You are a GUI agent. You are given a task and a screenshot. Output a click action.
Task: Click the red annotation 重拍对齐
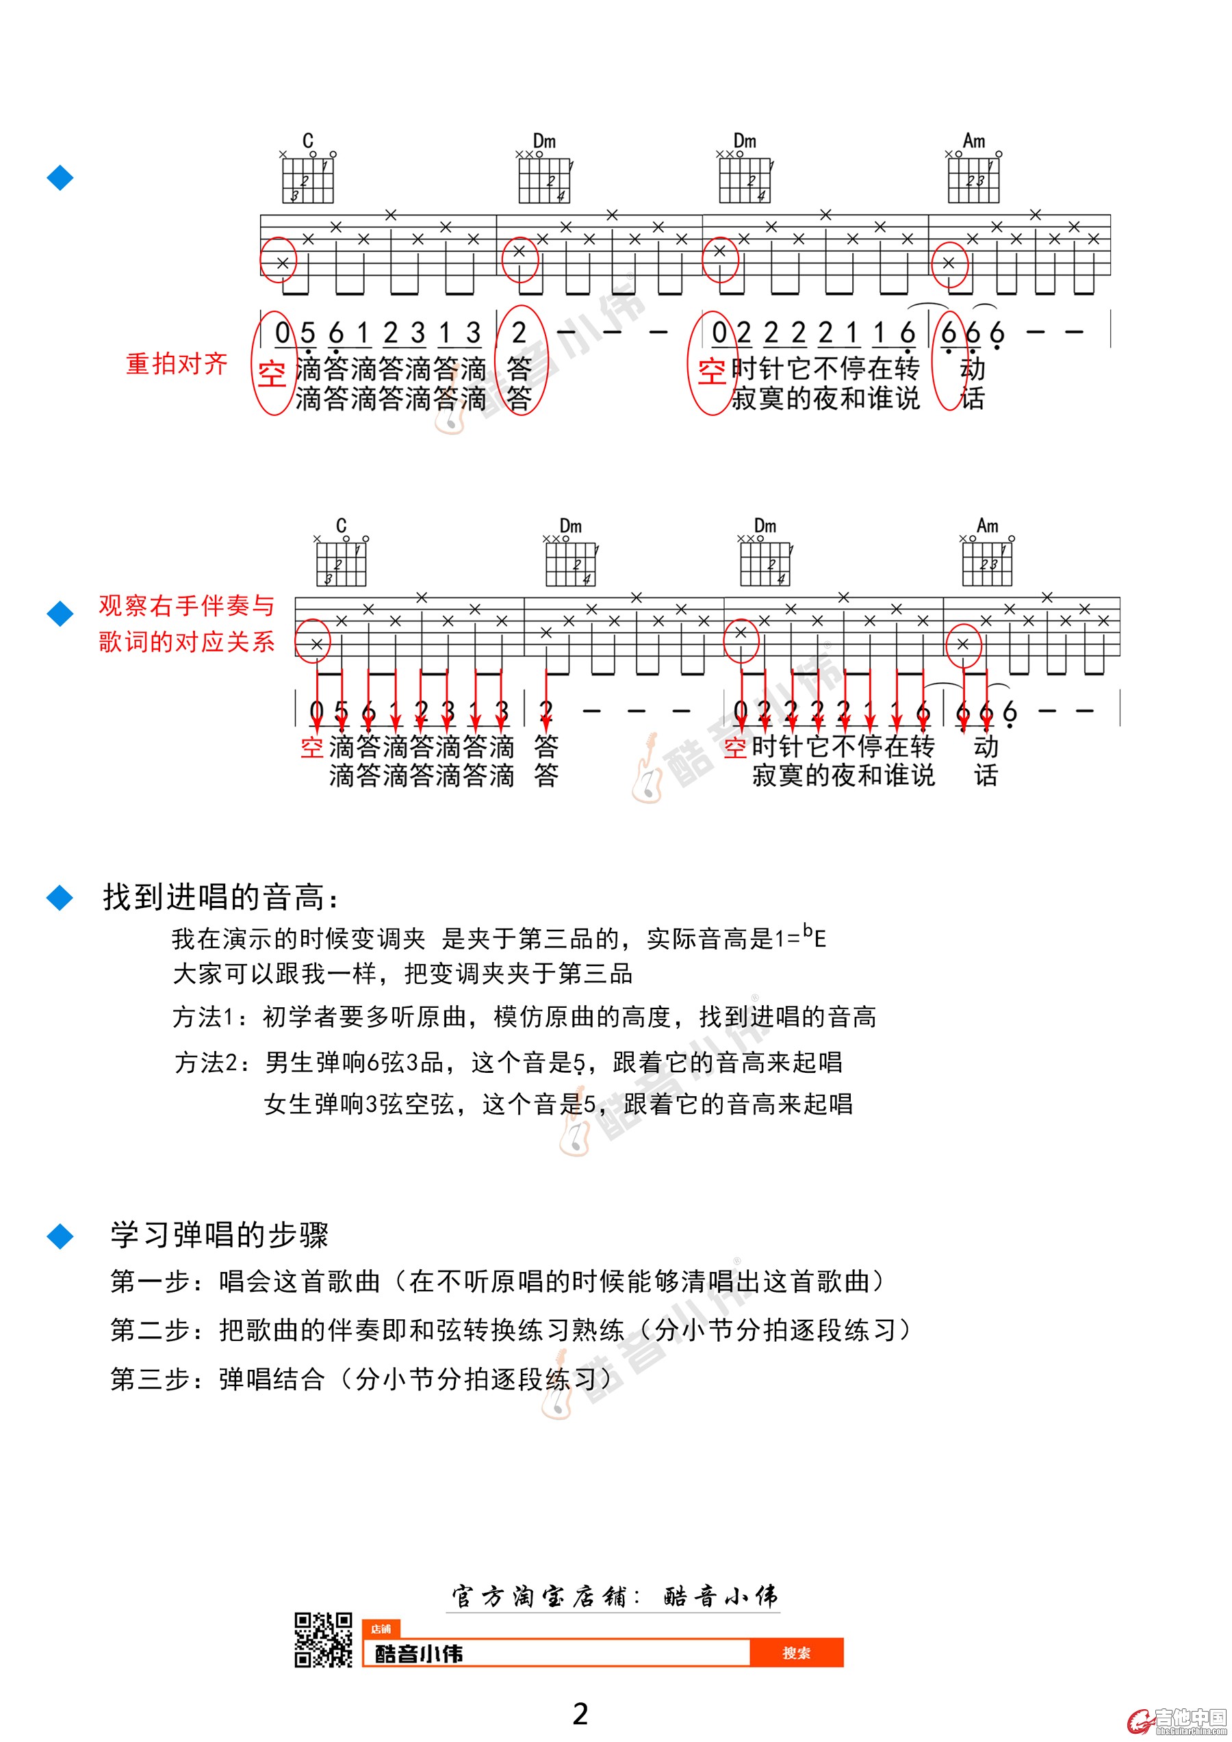click(176, 364)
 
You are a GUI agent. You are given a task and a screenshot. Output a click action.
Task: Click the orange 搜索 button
click(796, 1652)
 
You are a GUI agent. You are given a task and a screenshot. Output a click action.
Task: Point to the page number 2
click(580, 1713)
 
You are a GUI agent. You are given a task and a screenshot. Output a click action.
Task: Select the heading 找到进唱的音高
click(221, 897)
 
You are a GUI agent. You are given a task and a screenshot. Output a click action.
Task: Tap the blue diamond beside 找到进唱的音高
click(60, 898)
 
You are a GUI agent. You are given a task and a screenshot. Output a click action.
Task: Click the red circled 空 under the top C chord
click(272, 374)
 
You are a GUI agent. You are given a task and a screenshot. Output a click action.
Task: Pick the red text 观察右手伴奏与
click(186, 606)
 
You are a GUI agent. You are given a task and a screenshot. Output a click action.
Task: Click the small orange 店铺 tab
click(381, 1629)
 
